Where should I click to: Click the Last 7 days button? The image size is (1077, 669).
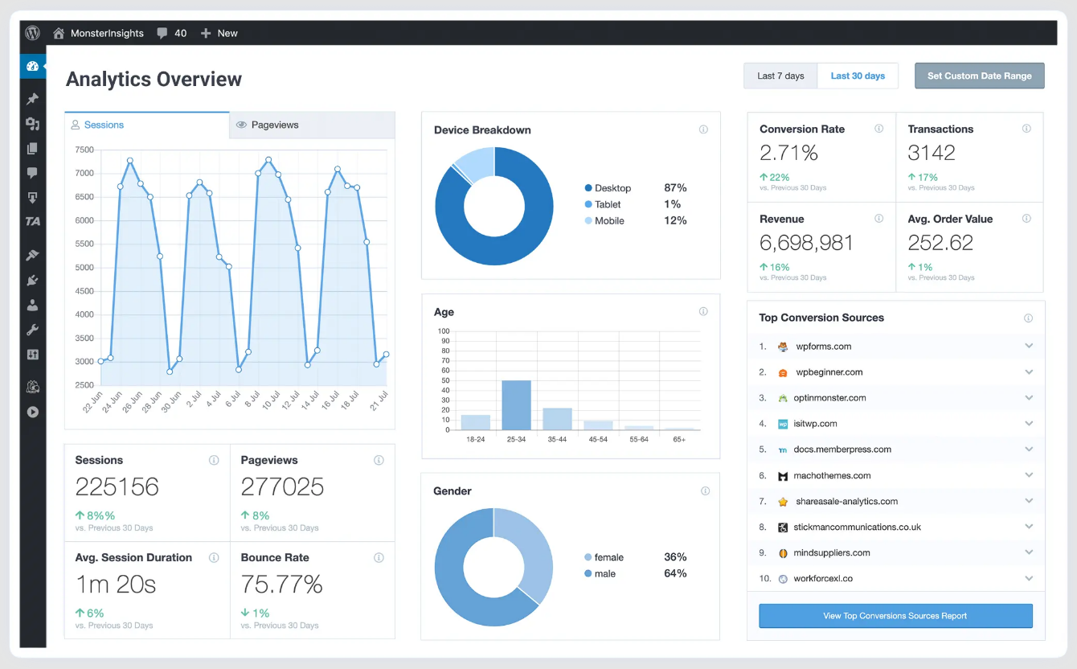(x=780, y=76)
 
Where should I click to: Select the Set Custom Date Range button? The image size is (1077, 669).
(x=979, y=76)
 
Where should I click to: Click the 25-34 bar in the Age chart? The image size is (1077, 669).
(x=516, y=405)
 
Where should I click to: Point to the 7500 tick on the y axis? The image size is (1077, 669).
(x=84, y=150)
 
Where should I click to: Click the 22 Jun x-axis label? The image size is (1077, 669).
(x=92, y=402)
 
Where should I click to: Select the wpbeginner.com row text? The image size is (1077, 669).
(x=829, y=372)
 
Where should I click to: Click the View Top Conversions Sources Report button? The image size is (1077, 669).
(x=895, y=616)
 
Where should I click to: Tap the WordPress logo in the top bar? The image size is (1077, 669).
(x=32, y=33)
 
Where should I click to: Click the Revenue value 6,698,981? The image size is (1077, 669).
(x=806, y=243)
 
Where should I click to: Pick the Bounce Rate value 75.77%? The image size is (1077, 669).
(x=281, y=585)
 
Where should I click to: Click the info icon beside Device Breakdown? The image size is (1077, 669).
(x=703, y=129)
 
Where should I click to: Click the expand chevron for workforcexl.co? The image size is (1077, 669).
(x=1029, y=578)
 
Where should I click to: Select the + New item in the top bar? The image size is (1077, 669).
(x=219, y=33)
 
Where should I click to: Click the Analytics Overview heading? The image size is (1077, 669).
(x=154, y=80)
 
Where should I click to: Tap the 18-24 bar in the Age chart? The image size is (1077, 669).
(x=476, y=422)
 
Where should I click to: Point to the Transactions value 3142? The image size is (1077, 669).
(x=932, y=153)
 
